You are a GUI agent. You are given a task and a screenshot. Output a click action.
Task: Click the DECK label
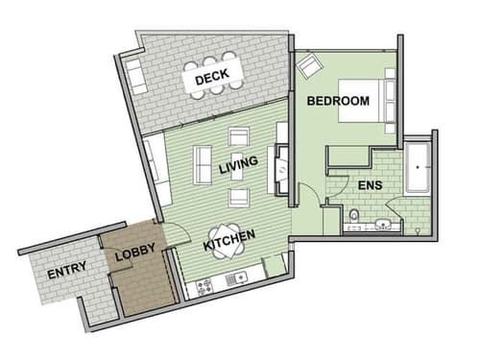210,81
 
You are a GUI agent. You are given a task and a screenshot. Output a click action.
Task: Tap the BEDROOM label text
338,101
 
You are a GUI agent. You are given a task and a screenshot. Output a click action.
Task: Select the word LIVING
238,166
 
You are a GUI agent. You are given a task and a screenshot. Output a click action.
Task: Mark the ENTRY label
66,268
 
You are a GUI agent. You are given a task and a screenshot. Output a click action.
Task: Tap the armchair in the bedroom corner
311,66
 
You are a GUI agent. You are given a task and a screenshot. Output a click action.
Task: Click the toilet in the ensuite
353,216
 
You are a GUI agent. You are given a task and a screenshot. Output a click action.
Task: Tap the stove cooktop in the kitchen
204,285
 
